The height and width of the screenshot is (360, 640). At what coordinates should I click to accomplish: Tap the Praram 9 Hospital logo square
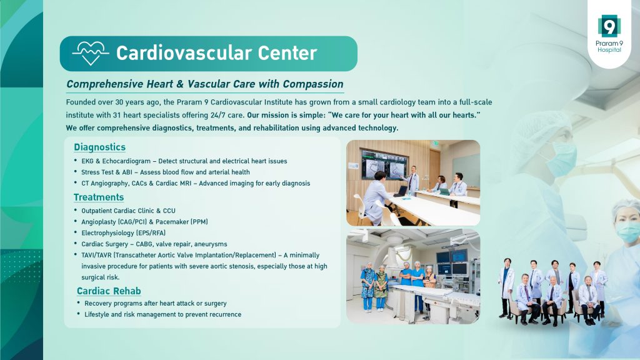click(609, 26)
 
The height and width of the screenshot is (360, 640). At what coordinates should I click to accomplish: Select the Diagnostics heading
click(99, 147)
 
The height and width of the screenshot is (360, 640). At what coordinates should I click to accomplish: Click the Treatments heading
click(99, 197)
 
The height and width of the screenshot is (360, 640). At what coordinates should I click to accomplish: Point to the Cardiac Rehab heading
click(109, 291)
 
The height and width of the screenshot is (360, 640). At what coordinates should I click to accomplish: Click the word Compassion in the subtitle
click(313, 84)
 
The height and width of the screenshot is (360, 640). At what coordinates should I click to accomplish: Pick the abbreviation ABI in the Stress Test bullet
click(127, 172)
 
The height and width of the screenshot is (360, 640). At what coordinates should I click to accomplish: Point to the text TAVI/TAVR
click(96, 256)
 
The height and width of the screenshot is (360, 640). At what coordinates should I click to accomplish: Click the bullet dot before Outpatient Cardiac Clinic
click(76, 210)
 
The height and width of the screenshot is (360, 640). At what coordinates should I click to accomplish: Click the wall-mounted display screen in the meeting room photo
click(384, 164)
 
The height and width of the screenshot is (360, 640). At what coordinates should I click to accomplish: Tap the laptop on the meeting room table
click(401, 191)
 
